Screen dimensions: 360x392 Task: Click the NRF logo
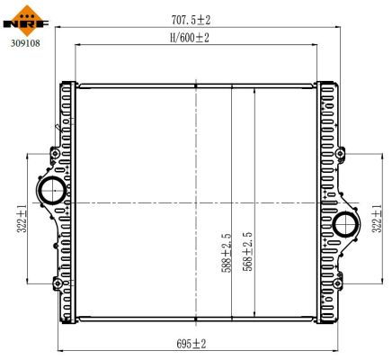(25, 17)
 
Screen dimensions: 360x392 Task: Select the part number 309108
(24, 40)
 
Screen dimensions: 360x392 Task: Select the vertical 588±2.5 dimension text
(228, 251)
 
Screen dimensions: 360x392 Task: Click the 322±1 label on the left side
(20, 218)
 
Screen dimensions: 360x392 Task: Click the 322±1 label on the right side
(379, 219)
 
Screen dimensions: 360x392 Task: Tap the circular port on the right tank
(344, 224)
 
